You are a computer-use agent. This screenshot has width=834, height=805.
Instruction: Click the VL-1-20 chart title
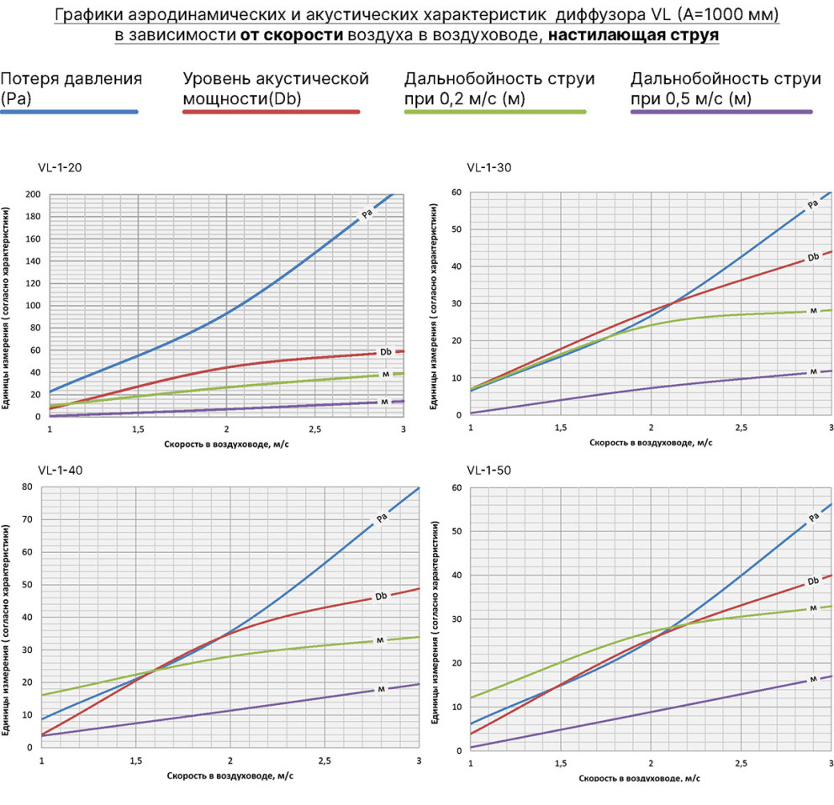point(60,167)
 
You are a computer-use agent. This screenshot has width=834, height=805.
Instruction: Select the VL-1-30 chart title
point(488,167)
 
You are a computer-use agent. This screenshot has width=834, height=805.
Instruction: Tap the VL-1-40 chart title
point(60,470)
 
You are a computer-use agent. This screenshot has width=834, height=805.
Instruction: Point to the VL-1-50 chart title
point(488,470)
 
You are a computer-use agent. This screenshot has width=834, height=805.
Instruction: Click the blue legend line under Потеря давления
point(69,112)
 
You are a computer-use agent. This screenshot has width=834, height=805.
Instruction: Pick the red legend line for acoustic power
point(272,112)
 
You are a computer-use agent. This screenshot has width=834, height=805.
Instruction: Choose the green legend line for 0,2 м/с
point(495,112)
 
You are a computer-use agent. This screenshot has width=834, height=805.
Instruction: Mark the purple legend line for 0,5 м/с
point(722,112)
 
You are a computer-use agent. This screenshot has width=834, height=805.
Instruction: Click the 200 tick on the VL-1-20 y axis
point(33,194)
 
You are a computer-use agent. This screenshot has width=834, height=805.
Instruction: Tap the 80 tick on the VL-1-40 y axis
point(27,487)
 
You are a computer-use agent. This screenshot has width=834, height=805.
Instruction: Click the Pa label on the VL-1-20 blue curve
point(367,213)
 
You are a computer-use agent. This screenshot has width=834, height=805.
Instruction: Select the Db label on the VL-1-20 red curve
point(386,352)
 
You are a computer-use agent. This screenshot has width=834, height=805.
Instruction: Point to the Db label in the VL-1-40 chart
point(381,596)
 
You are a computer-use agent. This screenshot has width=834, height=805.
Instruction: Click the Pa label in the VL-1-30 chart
point(812,204)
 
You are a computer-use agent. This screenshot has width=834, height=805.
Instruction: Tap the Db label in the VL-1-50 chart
point(813,581)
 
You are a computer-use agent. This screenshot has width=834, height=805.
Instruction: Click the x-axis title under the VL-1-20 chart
point(226,444)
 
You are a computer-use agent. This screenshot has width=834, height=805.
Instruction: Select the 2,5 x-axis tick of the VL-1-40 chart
point(325,760)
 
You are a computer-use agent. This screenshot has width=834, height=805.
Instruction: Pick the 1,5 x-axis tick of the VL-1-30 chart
point(561,428)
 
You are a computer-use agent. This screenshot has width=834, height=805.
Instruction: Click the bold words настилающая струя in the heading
point(633,35)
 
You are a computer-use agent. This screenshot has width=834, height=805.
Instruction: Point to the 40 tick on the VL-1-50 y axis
point(457,576)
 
